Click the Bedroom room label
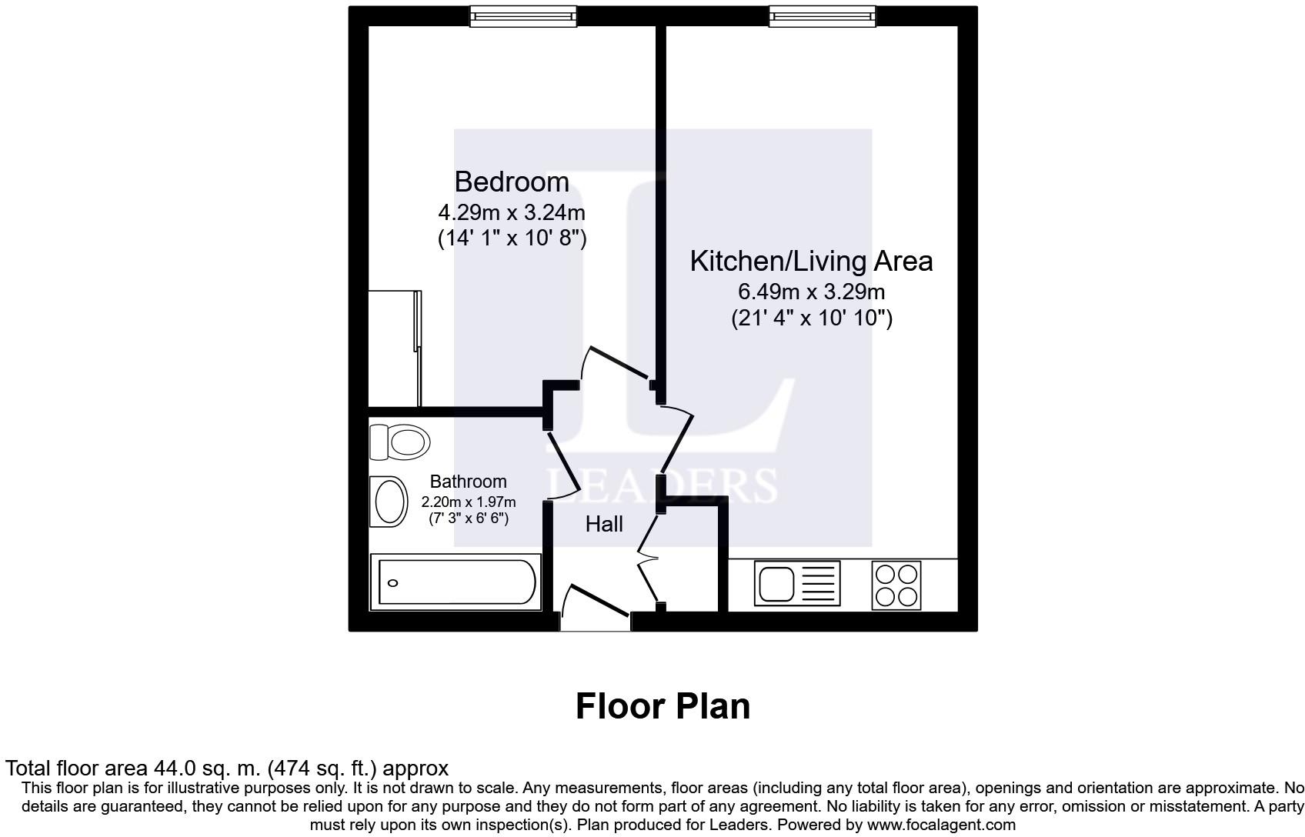[512, 182]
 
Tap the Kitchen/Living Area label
[811, 262]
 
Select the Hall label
[604, 525]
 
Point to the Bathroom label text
[468, 482]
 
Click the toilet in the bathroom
[401, 442]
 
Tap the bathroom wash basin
[390, 502]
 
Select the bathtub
[456, 583]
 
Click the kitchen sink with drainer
[798, 583]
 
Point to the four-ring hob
[896, 585]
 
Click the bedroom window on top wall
[523, 16]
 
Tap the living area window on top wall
[823, 16]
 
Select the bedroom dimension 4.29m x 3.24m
[512, 212]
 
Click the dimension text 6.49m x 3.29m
[811, 292]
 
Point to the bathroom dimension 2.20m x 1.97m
[468, 502]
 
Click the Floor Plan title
[663, 706]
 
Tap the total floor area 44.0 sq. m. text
[226, 768]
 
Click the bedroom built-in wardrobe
[395, 348]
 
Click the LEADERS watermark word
[662, 485]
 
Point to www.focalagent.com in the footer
[941, 825]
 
